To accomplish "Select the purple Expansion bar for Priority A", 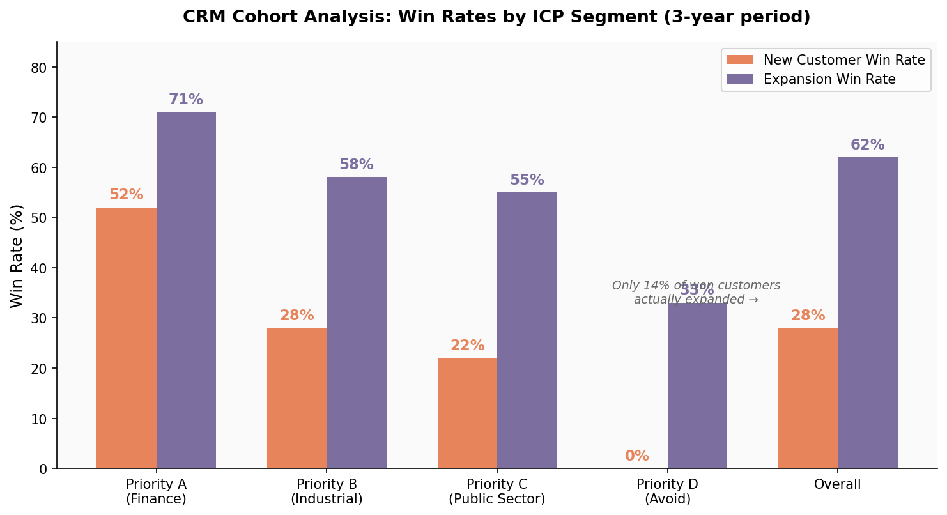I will [x=186, y=290].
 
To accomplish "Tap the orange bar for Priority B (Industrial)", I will [x=296, y=397].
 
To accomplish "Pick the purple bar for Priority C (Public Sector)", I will [x=527, y=330].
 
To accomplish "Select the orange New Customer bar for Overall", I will [x=808, y=397].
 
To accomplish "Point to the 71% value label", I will [x=186, y=100].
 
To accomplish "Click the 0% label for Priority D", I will [x=637, y=456].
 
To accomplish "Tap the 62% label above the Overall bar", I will [x=867, y=145].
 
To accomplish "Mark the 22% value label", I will [x=467, y=346].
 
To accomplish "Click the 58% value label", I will [x=356, y=165].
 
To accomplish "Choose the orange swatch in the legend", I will [x=739, y=60].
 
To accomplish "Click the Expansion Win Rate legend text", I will [x=829, y=79].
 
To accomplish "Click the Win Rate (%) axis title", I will [x=17, y=256].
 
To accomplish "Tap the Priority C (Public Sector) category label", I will [x=497, y=491].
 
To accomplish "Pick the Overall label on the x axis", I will [x=837, y=484].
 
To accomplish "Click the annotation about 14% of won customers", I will [x=696, y=293].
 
